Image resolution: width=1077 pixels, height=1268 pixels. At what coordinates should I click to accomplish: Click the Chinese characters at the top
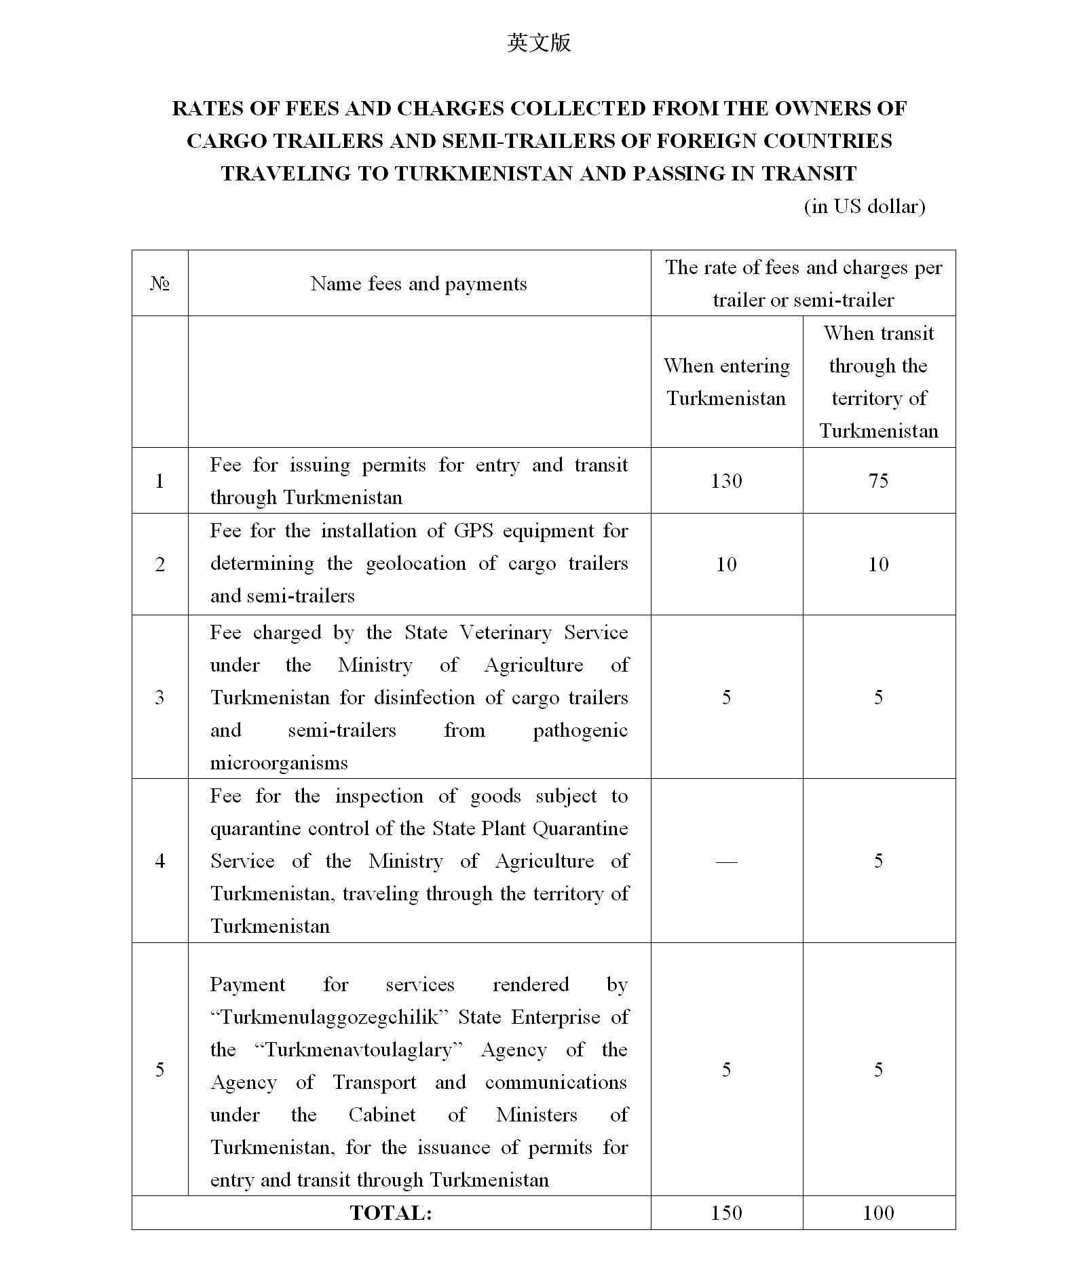(539, 43)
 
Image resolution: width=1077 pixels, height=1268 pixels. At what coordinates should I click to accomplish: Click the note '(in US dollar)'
(864, 206)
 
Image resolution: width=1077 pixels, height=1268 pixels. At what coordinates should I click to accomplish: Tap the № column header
(159, 284)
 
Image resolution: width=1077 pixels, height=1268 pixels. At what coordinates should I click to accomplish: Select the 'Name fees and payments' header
(419, 284)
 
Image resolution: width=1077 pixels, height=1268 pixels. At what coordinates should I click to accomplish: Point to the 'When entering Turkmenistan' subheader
(726, 382)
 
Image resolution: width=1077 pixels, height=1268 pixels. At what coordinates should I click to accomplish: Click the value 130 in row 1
(726, 481)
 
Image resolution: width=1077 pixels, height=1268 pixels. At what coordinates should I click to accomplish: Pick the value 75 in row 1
(878, 481)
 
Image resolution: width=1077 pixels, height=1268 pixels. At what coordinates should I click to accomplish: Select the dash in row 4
(726, 861)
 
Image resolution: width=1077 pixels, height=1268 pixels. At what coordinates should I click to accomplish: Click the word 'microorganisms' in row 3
(279, 763)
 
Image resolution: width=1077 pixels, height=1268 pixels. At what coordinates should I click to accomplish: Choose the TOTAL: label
(391, 1213)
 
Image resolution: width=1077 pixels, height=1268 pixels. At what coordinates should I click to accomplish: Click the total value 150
(726, 1213)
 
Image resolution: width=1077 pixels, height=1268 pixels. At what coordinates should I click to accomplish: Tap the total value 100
(878, 1213)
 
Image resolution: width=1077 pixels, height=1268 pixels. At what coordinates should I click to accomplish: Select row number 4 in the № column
(159, 861)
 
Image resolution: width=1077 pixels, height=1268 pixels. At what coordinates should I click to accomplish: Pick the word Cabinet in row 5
(382, 1115)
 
